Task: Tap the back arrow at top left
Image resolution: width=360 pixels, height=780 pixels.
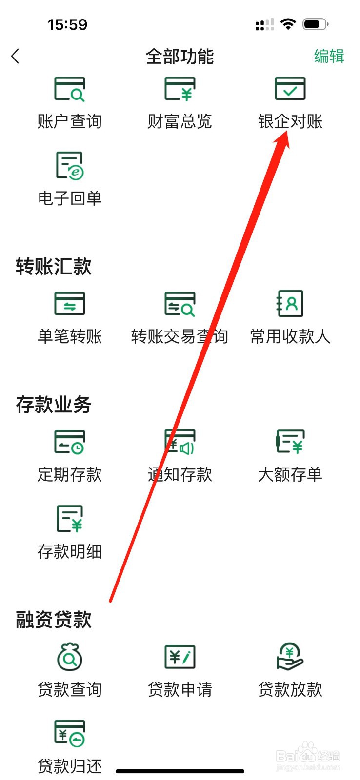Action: click(16, 57)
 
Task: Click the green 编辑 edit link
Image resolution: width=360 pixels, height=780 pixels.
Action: click(329, 57)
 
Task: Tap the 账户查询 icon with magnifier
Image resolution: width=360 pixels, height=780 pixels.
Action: click(69, 89)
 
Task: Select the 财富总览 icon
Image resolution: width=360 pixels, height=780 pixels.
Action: click(180, 89)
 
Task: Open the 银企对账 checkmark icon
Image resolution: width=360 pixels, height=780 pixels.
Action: click(290, 89)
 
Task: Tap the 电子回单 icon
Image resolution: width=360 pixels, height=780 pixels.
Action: click(69, 166)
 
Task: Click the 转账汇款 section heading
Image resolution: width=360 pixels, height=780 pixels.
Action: click(54, 267)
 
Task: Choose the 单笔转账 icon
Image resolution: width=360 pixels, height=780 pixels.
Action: click(69, 303)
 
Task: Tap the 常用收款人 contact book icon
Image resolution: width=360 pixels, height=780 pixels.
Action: click(290, 303)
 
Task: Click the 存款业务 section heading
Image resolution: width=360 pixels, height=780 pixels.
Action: click(54, 405)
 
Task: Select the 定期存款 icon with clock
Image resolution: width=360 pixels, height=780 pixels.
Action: click(69, 442)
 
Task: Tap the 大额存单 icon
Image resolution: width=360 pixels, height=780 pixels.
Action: click(290, 442)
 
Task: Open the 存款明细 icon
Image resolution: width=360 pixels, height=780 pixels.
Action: click(69, 518)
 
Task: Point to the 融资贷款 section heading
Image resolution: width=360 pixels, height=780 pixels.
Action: click(54, 620)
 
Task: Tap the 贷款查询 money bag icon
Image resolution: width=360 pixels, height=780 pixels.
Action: click(69, 657)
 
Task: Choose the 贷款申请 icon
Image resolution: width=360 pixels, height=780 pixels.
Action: click(180, 657)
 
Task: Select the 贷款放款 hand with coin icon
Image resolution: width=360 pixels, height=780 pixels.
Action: click(290, 657)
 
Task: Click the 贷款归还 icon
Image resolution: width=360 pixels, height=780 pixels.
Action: click(69, 734)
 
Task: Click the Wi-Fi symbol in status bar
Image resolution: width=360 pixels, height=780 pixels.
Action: click(288, 24)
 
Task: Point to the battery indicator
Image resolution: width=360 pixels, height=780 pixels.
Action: click(315, 24)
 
